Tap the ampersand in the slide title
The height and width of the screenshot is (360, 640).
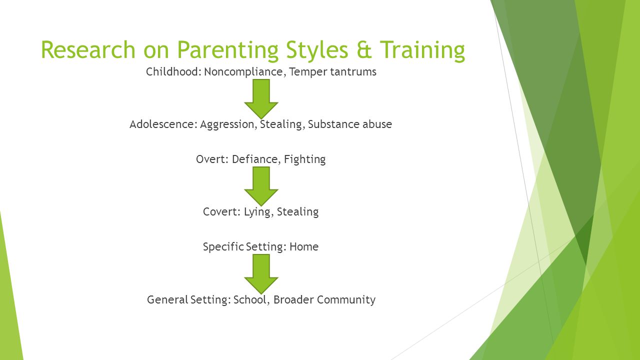click(x=364, y=49)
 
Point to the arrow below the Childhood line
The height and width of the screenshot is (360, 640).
click(x=261, y=99)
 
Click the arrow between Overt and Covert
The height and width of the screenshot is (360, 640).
click(x=261, y=186)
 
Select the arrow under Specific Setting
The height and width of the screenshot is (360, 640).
click(x=261, y=274)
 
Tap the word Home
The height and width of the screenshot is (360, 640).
click(x=304, y=246)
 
